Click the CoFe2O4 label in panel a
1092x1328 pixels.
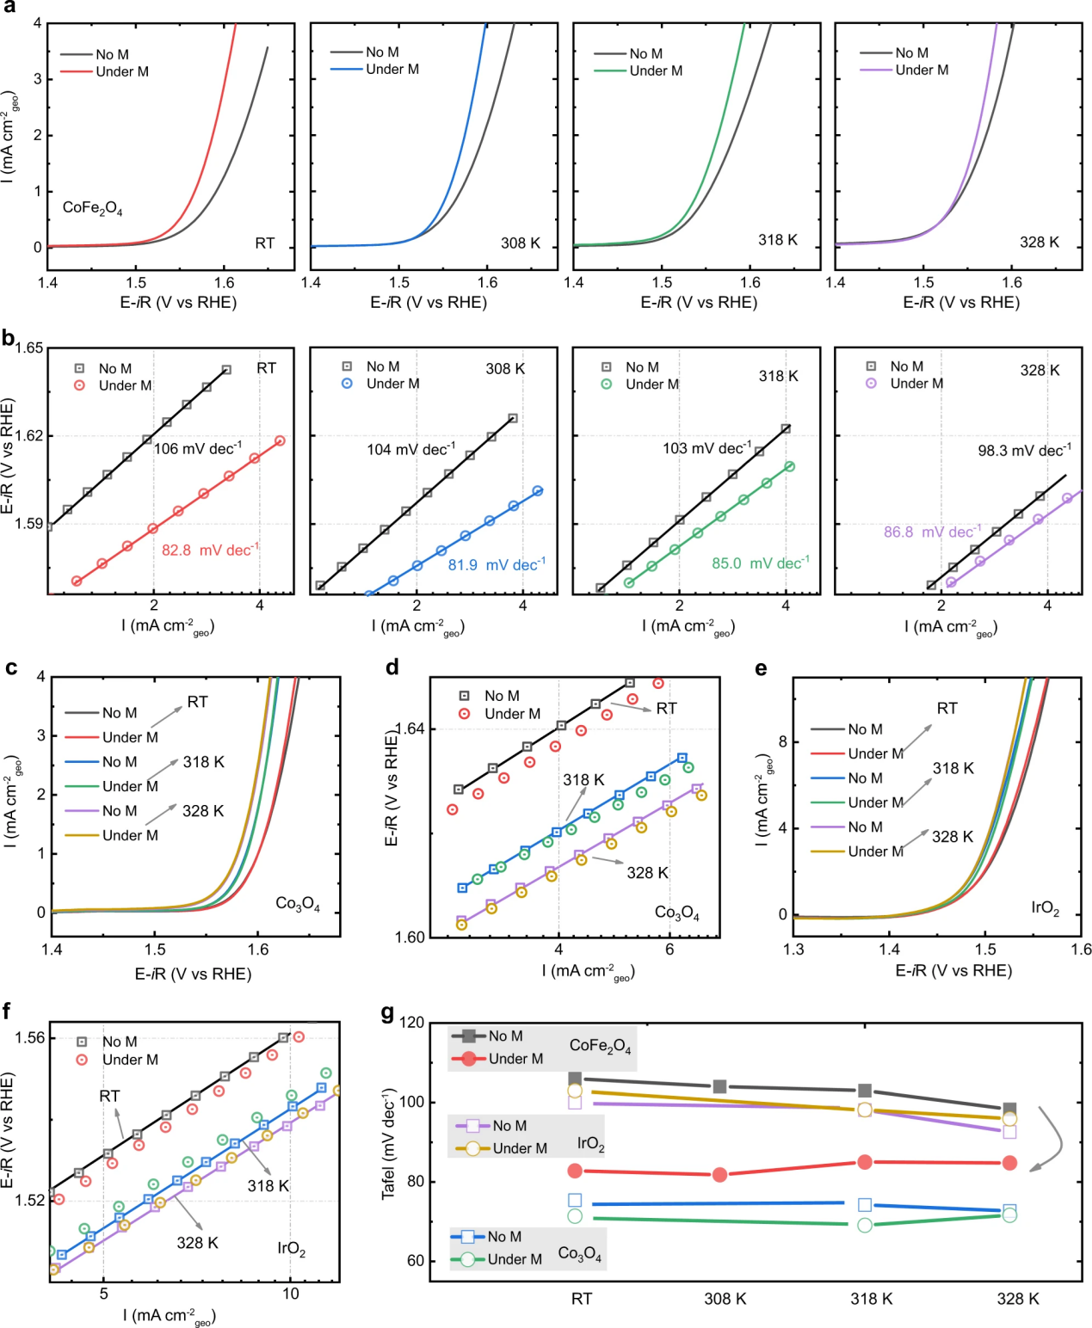click(x=92, y=208)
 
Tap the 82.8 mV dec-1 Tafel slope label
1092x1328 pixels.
click(x=210, y=550)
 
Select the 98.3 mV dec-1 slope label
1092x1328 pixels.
click(x=1024, y=451)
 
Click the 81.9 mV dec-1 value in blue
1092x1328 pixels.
click(x=497, y=565)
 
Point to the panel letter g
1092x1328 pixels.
click(x=388, y=1013)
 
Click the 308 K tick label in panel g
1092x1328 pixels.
click(x=725, y=1299)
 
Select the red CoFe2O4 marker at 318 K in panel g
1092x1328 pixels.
click(x=865, y=1162)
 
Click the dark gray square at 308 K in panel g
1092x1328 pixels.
click(x=720, y=1086)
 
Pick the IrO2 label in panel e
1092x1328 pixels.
click(x=1045, y=908)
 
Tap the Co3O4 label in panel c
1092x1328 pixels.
click(x=298, y=904)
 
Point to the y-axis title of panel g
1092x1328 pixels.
click(x=389, y=1144)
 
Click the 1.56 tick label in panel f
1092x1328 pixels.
click(x=30, y=1038)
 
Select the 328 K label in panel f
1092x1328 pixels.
click(x=197, y=1243)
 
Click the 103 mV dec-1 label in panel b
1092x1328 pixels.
click(x=706, y=449)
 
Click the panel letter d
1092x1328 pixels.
click(x=392, y=667)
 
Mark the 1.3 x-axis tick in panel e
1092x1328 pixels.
click(x=793, y=950)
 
